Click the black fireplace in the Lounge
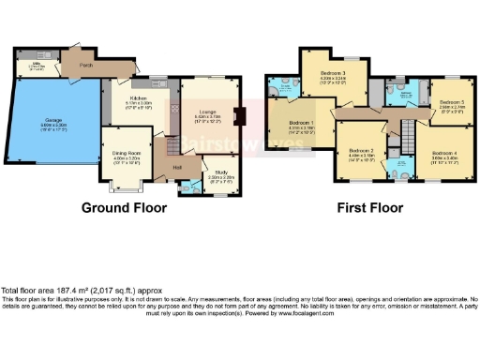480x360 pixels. (239, 118)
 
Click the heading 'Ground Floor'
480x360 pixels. (124, 207)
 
